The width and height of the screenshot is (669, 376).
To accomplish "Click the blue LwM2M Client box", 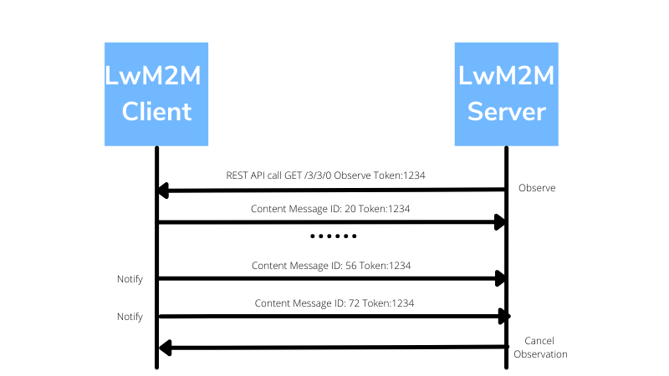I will pos(156,94).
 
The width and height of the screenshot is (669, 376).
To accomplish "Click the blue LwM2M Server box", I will pos(506,94).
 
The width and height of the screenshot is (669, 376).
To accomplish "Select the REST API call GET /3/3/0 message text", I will pos(331,175).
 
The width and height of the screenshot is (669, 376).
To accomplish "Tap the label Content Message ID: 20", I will pos(331,208).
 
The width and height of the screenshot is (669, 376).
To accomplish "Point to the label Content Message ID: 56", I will pos(331,265).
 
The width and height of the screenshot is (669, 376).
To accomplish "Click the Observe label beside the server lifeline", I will pos(537,188).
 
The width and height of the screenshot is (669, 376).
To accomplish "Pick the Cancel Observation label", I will pos(540,348).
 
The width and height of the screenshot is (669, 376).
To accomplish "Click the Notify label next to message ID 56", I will pos(130,278).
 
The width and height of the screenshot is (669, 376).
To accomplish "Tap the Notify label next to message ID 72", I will pos(130,317).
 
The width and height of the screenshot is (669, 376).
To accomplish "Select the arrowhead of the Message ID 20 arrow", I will pos(500,222).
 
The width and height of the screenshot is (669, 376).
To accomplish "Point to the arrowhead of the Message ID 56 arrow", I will pos(500,278).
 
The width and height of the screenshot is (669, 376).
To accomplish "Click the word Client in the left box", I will pos(156,111).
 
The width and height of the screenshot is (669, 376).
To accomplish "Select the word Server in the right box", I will pos(506,111).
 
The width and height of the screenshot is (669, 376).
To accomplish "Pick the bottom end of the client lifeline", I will pos(156,366).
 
